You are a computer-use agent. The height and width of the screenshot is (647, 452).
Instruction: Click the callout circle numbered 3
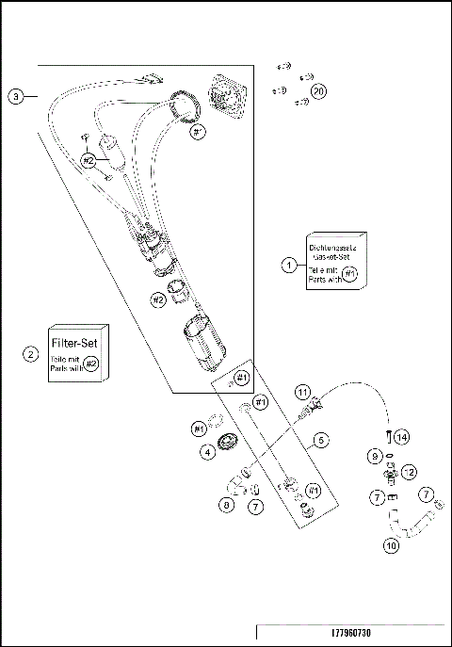tap(17, 96)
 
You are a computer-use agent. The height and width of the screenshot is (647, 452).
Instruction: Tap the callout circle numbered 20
tap(319, 91)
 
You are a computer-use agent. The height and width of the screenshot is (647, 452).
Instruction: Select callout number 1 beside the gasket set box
tap(289, 265)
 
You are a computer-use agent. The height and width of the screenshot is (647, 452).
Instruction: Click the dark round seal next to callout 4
tap(227, 443)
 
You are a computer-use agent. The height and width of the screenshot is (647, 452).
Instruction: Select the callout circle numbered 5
tap(321, 439)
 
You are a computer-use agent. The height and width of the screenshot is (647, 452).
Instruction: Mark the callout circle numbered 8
tap(226, 504)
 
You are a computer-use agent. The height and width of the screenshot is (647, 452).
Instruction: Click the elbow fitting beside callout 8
tap(234, 486)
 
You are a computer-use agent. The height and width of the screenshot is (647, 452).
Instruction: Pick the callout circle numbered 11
tap(302, 390)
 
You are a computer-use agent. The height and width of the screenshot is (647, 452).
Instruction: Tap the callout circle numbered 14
tap(402, 438)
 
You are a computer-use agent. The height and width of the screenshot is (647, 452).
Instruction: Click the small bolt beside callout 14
tap(387, 436)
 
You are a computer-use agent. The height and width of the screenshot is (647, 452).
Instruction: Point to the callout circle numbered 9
tap(375, 456)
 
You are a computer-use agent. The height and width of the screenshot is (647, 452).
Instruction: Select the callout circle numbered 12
tap(409, 470)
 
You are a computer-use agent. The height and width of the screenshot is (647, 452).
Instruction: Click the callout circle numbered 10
tap(391, 544)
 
